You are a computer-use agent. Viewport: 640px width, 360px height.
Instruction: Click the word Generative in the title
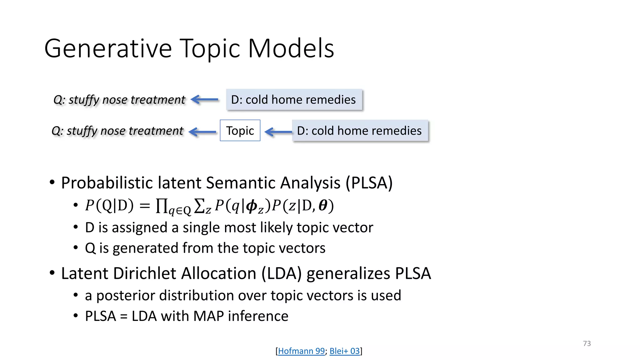[x=108, y=49]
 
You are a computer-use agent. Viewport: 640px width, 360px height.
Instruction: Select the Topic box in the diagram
[x=240, y=131]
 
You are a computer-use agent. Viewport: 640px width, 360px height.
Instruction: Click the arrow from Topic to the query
[x=203, y=132]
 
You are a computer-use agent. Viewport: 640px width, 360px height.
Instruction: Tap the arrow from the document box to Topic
[x=278, y=132]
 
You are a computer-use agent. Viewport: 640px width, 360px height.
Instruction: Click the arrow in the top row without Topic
[x=205, y=100]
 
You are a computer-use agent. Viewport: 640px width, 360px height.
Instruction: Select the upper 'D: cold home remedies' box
[x=294, y=100]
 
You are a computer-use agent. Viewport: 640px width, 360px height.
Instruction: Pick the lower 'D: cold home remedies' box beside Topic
[x=359, y=131]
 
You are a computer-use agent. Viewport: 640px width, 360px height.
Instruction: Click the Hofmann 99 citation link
[x=301, y=351]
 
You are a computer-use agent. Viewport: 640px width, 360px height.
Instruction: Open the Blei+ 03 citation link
[x=345, y=351]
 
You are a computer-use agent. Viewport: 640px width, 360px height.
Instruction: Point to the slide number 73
[x=587, y=343]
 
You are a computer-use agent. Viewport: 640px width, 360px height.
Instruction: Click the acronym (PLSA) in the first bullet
[x=369, y=183]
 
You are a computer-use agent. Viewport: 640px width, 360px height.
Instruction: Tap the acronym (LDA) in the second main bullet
[x=282, y=273]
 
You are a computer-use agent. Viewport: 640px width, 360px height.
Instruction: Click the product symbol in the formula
[x=162, y=206]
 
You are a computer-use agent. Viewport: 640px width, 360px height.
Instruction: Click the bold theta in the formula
[x=323, y=206]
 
